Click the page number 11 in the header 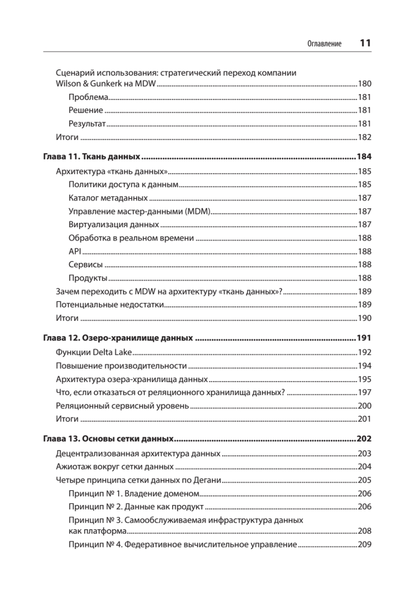click(365, 43)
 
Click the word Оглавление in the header click(325, 44)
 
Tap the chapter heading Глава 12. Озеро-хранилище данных click(118, 339)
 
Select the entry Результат click(88, 124)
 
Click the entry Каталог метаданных click(108, 198)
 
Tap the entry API click(75, 251)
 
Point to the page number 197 click(364, 393)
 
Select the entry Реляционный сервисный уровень click(122, 406)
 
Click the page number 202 click(364, 439)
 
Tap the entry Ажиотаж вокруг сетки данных click(115, 466)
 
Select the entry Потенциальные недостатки click(109, 305)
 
